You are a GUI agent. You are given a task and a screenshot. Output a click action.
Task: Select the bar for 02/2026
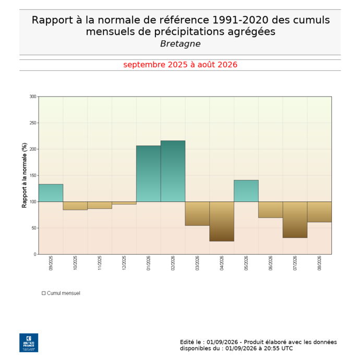coord(173,171)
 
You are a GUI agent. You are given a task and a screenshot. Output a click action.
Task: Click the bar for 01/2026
coord(149,174)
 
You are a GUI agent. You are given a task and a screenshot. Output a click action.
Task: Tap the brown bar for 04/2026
coord(222,221)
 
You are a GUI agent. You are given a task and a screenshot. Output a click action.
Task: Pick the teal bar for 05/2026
coord(246,191)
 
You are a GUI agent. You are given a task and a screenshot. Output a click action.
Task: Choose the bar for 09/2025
coord(51,193)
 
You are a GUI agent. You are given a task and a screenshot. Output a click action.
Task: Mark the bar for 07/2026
coord(295,220)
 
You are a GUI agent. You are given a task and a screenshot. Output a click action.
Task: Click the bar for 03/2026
coord(197,213)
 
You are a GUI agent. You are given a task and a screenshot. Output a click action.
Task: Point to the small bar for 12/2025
coord(124,203)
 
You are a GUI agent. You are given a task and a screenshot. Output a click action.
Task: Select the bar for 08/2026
coord(319,212)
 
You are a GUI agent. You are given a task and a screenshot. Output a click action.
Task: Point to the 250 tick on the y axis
coord(33,123)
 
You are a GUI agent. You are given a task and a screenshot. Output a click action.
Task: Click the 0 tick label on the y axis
coord(35,254)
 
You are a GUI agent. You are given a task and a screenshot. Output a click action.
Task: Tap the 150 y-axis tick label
coord(33,175)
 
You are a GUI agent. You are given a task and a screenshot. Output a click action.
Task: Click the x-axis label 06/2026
coord(270,263)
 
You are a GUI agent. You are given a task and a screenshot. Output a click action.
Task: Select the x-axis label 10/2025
coord(75,263)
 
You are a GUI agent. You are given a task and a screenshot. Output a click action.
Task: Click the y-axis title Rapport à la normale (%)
coord(25,175)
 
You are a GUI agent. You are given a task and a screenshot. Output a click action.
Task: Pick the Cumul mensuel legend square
coord(44,293)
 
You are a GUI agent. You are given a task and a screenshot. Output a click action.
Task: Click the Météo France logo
coord(29,343)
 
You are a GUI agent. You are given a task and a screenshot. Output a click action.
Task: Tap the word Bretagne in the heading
coord(180,44)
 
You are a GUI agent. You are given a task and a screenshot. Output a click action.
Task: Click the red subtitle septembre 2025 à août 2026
coord(180,65)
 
